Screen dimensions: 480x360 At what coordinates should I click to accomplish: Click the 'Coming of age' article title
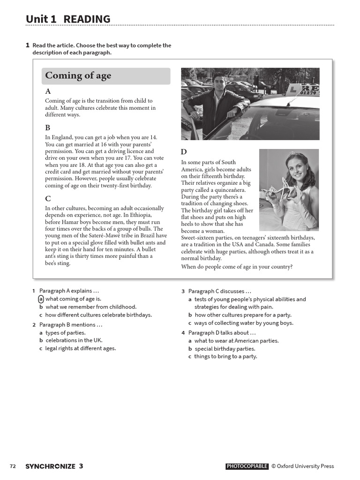[x=78, y=76]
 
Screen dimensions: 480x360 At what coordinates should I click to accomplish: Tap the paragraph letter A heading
[x=48, y=91]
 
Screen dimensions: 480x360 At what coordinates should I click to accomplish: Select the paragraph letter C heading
[x=48, y=198]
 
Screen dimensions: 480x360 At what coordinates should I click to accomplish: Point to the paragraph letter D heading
[x=184, y=152]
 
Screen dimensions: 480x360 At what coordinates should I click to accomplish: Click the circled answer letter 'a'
[x=41, y=299]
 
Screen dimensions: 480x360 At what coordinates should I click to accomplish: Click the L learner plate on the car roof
[x=293, y=88]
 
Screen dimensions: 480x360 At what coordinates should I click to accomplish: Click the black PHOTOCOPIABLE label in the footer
[x=247, y=466]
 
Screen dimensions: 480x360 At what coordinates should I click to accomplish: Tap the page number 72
[x=13, y=466]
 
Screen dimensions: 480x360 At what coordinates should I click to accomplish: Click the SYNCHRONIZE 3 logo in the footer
[x=54, y=466]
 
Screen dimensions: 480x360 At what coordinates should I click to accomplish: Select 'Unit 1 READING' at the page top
[x=68, y=19]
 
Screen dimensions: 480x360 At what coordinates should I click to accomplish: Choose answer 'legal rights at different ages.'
[x=80, y=348]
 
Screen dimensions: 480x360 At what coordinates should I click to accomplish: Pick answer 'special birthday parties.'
[x=225, y=349]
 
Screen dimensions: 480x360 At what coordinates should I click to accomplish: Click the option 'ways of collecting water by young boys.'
[x=244, y=323]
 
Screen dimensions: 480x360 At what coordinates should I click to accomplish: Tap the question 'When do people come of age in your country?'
[x=237, y=267]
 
